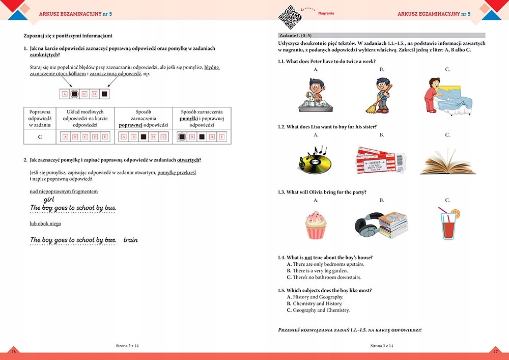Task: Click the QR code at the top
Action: (x=290, y=17)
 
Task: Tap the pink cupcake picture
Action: (x=316, y=225)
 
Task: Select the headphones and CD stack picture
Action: (x=380, y=224)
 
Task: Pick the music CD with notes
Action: (x=314, y=159)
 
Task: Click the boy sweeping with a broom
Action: (x=380, y=95)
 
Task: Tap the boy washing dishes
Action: (x=314, y=95)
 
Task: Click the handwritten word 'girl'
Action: (x=49, y=200)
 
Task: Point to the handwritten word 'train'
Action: (x=130, y=240)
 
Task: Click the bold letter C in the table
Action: (x=40, y=137)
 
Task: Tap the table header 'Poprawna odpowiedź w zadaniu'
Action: (x=40, y=118)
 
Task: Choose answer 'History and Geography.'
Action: (x=318, y=297)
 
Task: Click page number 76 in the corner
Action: (x=14, y=351)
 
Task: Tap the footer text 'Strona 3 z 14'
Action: (x=381, y=346)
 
